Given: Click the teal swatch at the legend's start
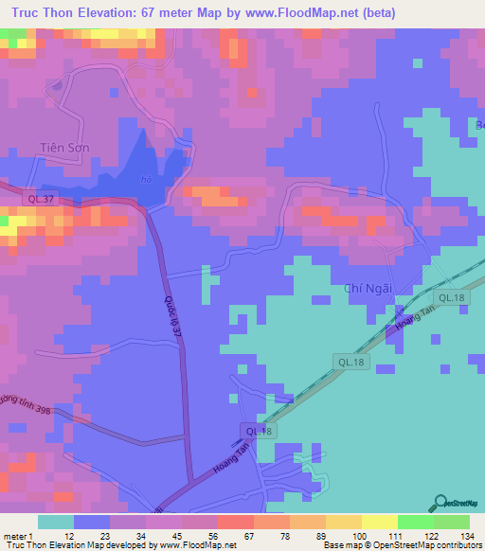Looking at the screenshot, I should [56, 522].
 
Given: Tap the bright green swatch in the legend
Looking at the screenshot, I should [415, 522].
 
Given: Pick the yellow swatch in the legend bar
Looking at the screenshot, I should [378, 522].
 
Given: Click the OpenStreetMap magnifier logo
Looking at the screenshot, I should [441, 501].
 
